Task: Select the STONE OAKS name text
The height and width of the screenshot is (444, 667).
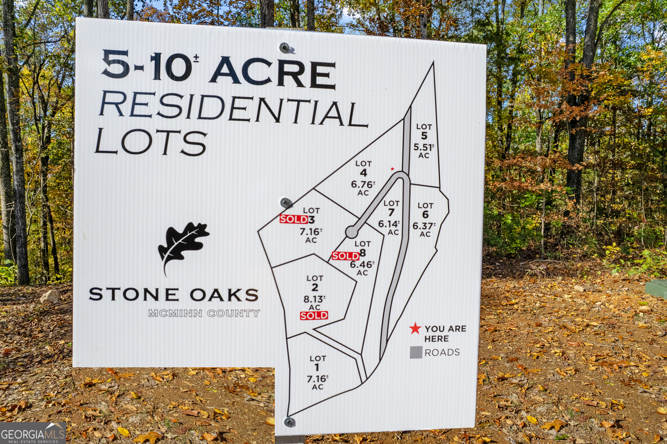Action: (x=173, y=295)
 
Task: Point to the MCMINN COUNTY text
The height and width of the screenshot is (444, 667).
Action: (x=204, y=313)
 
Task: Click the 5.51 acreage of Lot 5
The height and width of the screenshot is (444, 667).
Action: (x=423, y=147)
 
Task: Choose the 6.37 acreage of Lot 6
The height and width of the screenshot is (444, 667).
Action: (x=424, y=226)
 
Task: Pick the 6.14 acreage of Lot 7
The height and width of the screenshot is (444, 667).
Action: (x=389, y=224)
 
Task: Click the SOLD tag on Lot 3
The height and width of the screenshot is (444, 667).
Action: (x=294, y=219)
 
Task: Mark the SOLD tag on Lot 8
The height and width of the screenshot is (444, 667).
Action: (x=346, y=256)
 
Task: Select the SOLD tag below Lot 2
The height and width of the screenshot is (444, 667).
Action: (x=314, y=316)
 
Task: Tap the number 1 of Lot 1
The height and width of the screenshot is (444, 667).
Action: (x=317, y=367)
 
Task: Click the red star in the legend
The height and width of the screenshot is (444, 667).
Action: (x=415, y=328)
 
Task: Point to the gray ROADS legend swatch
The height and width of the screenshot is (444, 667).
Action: (x=416, y=352)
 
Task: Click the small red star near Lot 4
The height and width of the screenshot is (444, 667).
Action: (x=393, y=169)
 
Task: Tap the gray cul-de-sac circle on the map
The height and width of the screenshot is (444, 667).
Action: (x=351, y=232)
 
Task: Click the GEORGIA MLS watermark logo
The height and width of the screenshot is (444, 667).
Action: (x=33, y=434)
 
